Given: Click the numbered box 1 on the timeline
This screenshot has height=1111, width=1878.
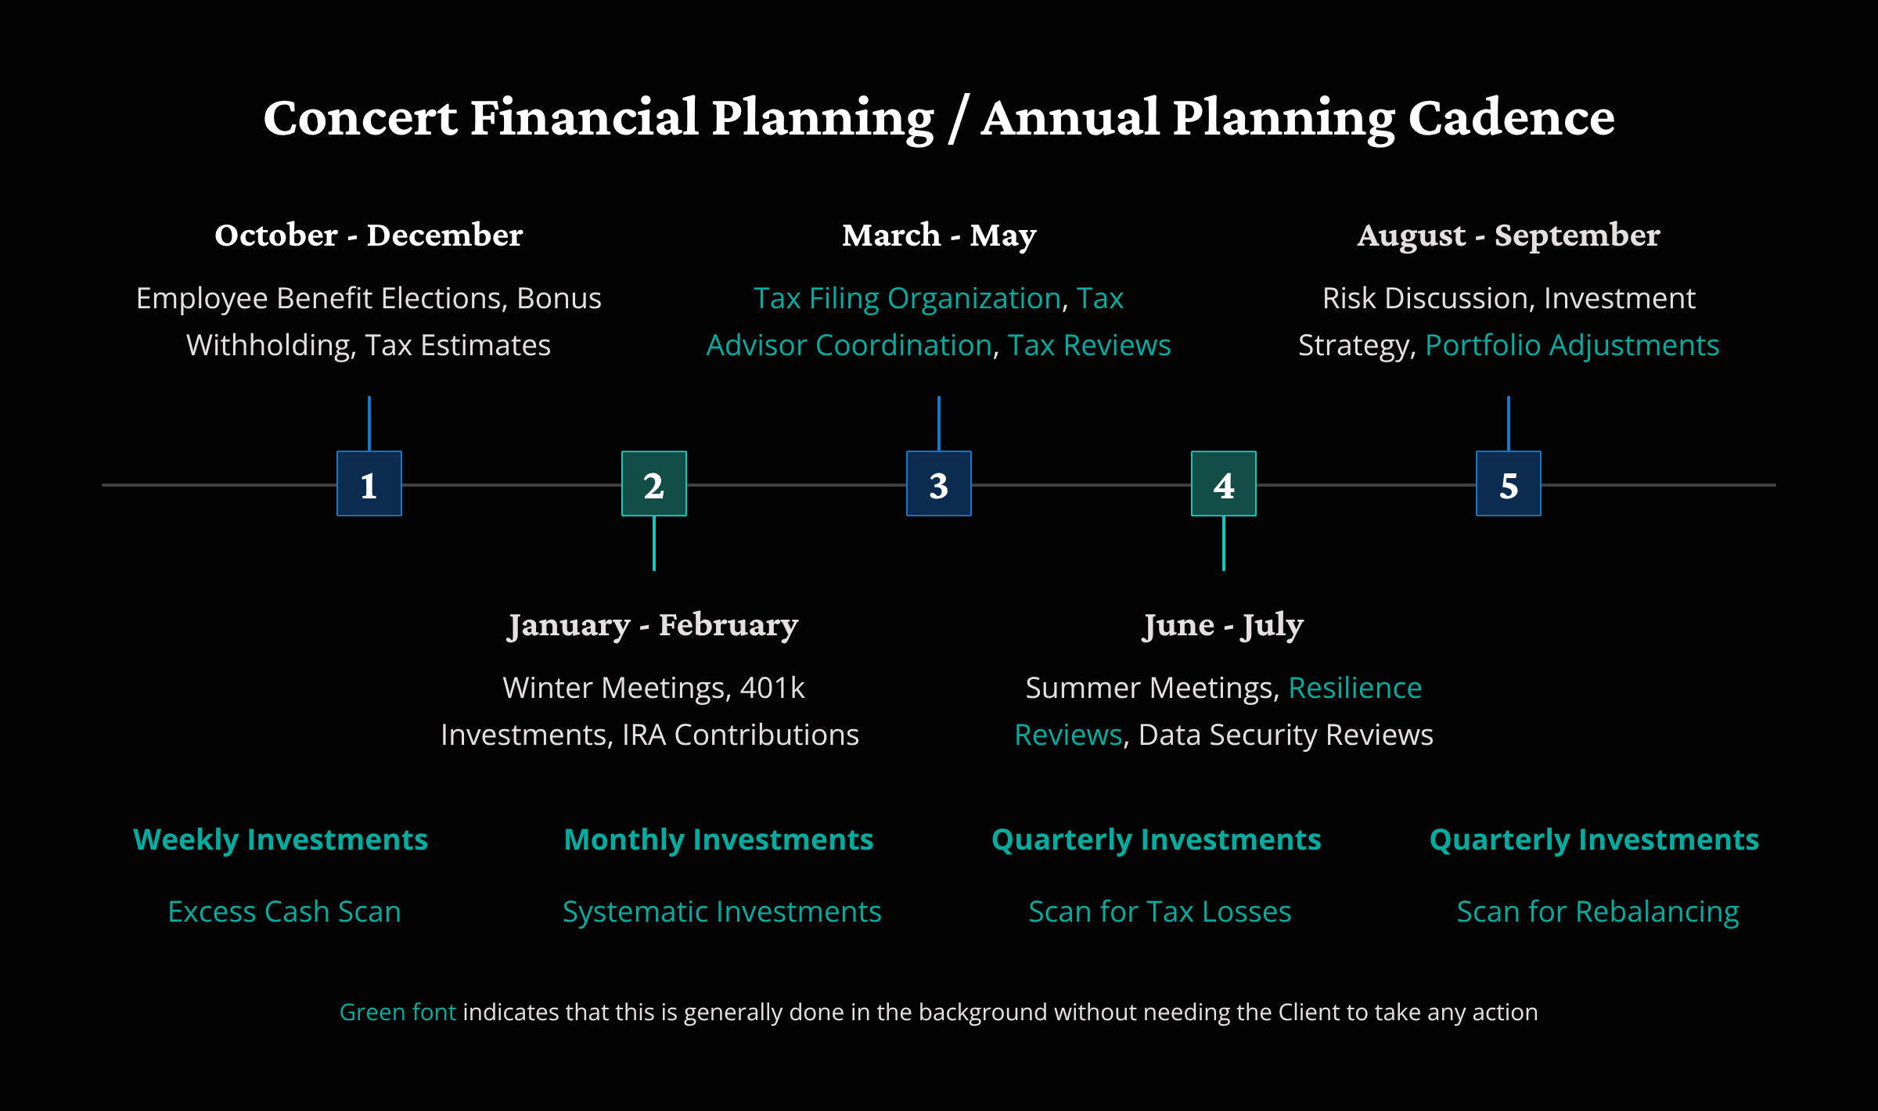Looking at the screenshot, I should (x=369, y=484).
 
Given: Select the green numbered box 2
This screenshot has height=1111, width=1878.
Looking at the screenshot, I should (x=654, y=484).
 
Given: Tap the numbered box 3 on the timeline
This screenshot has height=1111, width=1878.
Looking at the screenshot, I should (x=939, y=484).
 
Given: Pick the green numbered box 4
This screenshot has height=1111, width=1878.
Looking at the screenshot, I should (x=1224, y=484).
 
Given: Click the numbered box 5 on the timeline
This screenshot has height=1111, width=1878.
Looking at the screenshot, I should (x=1509, y=484).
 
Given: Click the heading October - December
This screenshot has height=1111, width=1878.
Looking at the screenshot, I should (x=369, y=236).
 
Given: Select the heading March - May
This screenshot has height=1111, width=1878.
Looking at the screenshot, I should (x=939, y=236).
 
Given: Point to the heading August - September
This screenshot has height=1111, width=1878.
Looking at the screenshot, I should (x=1509, y=236).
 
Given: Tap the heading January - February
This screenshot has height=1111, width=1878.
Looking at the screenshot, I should (x=653, y=625).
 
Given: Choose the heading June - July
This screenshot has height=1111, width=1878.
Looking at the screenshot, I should (x=1224, y=625).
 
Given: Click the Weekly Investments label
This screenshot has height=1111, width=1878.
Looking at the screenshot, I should (x=280, y=840).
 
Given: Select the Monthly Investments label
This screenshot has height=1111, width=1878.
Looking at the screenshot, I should (x=718, y=840).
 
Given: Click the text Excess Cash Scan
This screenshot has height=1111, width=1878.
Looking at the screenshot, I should (x=284, y=911).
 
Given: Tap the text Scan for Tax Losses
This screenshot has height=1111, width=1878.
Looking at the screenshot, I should (x=1160, y=911).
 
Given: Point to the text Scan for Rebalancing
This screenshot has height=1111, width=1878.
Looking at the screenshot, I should (x=1598, y=911).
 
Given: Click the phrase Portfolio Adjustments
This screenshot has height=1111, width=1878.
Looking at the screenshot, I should (x=1572, y=345).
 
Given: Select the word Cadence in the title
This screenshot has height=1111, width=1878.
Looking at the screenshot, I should (x=1511, y=118).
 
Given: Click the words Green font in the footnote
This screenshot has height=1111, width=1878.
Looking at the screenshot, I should (x=398, y=1012).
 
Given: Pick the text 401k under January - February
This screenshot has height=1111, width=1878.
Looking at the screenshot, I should (x=772, y=688).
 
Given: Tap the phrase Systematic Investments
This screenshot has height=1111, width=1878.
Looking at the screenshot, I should (x=721, y=911).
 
